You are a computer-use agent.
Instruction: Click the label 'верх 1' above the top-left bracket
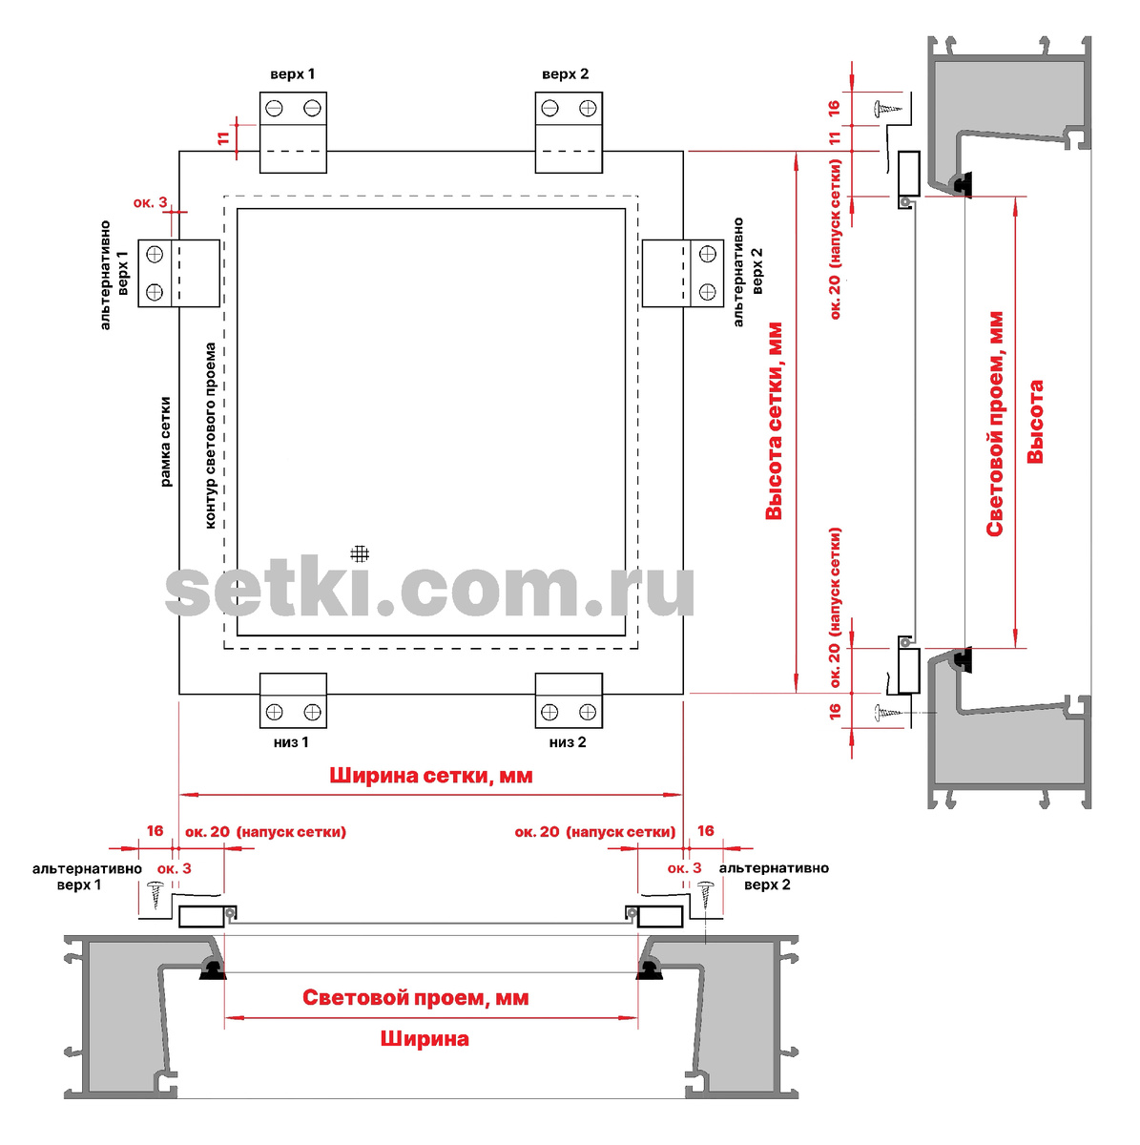[x=292, y=74]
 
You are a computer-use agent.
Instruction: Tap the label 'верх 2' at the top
[x=565, y=74]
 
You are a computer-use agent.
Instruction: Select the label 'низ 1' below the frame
[x=291, y=741]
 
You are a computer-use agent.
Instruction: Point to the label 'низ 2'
[x=568, y=741]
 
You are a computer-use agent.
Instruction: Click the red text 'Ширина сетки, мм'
[x=430, y=776]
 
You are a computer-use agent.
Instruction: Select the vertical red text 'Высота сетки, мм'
[x=774, y=422]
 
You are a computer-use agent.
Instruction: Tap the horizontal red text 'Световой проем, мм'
[x=415, y=997]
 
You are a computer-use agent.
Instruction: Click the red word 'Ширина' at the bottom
[x=425, y=1038]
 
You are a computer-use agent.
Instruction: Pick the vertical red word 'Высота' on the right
[x=1035, y=422]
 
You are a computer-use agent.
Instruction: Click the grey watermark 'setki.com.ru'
[x=429, y=590]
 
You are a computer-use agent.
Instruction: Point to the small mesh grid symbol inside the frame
[x=360, y=553]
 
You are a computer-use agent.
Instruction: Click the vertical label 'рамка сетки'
[x=165, y=442]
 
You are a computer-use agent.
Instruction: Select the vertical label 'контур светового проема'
[x=210, y=435]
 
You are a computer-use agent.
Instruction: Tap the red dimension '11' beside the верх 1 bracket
[x=223, y=138]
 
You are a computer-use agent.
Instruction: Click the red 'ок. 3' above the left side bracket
[x=150, y=202]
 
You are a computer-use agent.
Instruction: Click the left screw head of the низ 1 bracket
[x=274, y=711]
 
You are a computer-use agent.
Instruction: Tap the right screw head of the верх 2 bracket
[x=588, y=108]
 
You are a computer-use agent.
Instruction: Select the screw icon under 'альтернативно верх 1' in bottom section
[x=156, y=895]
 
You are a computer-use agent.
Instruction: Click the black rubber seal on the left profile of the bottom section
[x=212, y=969]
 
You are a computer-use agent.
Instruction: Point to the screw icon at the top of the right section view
[x=888, y=108]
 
